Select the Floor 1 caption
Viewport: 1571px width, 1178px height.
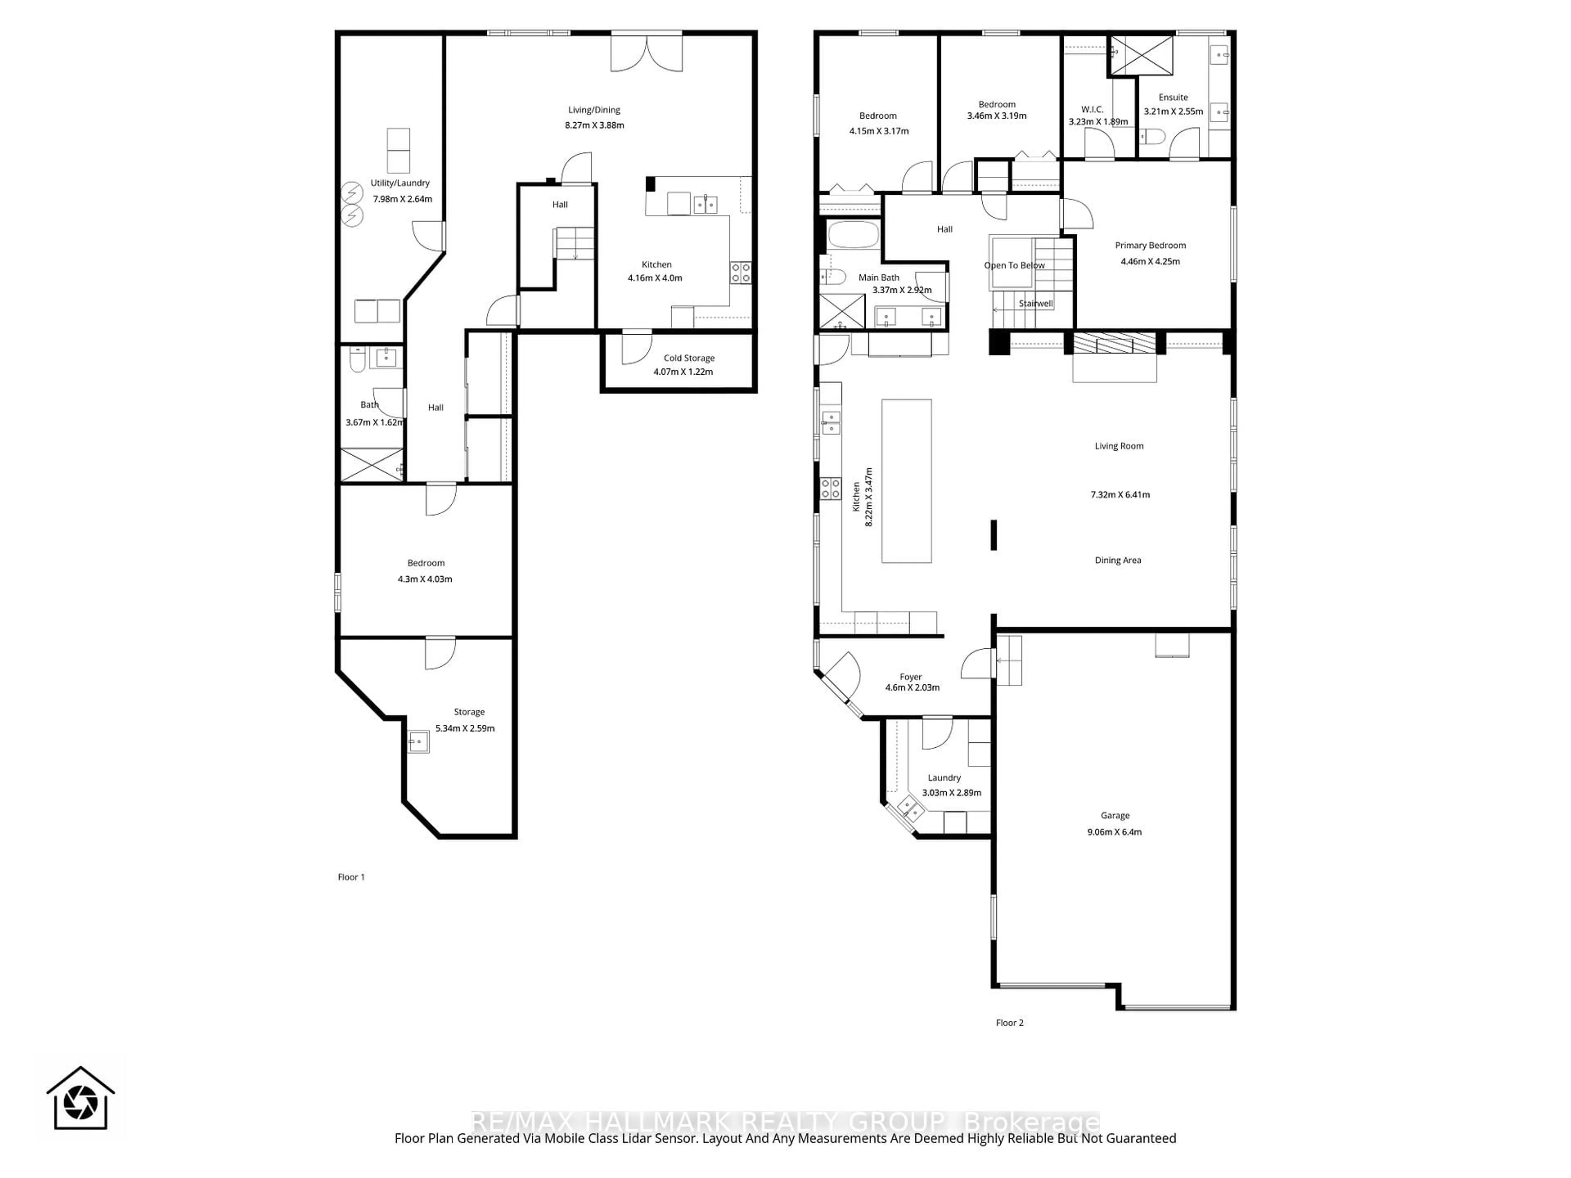tap(351, 877)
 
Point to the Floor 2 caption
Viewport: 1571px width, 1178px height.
tap(1009, 1023)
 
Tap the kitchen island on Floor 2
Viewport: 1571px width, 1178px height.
tap(906, 481)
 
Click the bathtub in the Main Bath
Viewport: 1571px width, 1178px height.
tap(852, 234)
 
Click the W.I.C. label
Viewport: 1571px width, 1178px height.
tap(1092, 109)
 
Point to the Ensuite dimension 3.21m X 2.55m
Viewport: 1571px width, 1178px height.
tap(1173, 112)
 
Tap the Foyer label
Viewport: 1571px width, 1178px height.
tap(911, 677)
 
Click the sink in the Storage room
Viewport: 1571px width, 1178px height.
tap(418, 742)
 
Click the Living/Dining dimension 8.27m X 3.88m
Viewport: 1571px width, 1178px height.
tap(594, 126)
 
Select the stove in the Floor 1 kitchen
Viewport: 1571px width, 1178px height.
tap(740, 273)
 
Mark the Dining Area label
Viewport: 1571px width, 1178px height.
tap(1117, 560)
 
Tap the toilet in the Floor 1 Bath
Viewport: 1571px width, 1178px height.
tap(357, 362)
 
